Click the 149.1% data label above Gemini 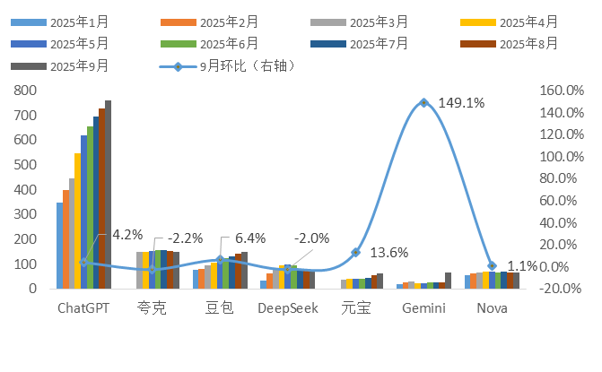461,103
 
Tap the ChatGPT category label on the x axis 83,308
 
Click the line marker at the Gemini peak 423,103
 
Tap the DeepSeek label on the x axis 286,308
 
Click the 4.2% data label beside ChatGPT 127,235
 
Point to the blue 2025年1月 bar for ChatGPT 59,246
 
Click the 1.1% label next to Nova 522,266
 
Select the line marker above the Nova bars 491,266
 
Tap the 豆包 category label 219,308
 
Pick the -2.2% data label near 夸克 187,238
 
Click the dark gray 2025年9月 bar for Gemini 448,280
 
